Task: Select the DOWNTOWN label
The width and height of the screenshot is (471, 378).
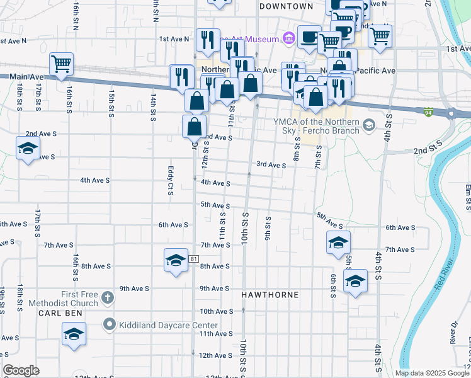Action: click(x=286, y=6)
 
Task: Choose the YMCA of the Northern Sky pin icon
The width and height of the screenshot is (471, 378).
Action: click(x=369, y=126)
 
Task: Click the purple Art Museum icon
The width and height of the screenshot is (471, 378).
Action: click(x=289, y=39)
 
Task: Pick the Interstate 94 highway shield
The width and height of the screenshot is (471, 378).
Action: click(x=428, y=112)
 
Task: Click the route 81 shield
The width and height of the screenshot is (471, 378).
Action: click(x=193, y=259)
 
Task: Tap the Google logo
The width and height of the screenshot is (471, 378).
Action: click(x=21, y=370)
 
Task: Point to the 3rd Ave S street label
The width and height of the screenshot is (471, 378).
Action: click(x=271, y=164)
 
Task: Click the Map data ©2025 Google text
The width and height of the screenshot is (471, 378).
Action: click(x=431, y=373)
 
